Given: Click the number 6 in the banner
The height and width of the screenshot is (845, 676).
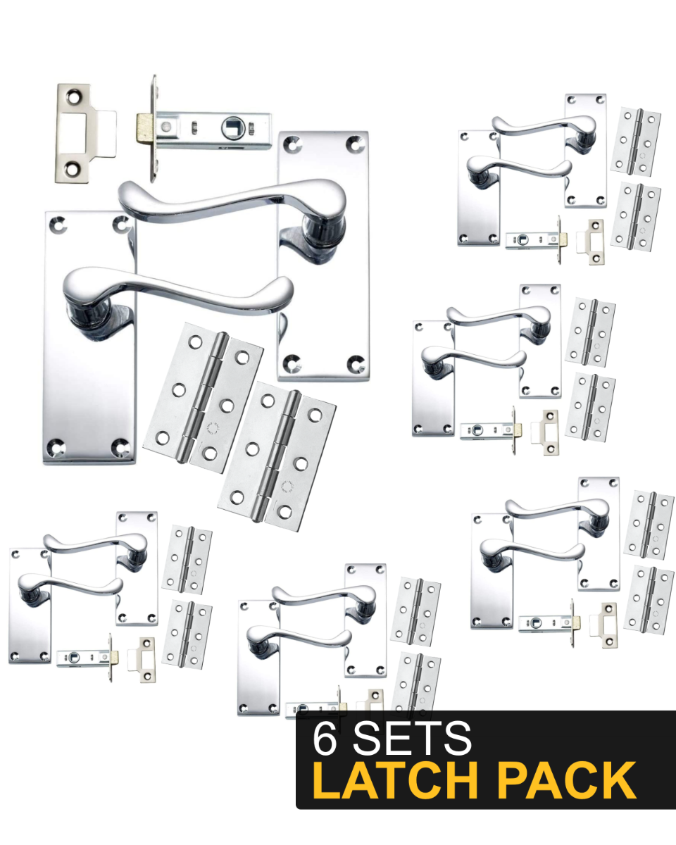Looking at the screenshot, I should tap(325, 739).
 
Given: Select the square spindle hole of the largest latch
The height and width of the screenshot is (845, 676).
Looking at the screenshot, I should tap(231, 127).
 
